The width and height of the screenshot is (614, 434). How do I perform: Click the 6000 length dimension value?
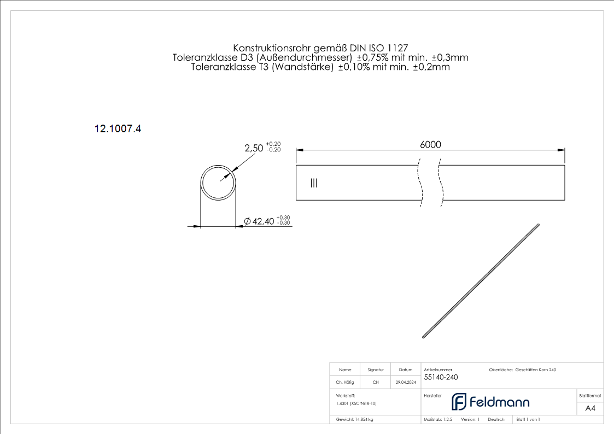[x=430, y=144]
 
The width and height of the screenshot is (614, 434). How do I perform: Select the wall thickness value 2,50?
[x=254, y=148]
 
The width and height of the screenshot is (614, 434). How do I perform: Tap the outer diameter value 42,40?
[x=262, y=221]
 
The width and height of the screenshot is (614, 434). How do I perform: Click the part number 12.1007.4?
[x=118, y=129]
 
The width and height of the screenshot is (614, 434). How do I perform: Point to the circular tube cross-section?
[x=218, y=182]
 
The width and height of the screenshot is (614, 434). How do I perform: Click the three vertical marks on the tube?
[x=313, y=183]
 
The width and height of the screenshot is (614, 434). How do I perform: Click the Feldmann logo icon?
[x=459, y=402]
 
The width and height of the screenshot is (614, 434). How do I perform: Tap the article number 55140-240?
[x=441, y=378]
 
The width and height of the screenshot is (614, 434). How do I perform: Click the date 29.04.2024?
[x=406, y=383]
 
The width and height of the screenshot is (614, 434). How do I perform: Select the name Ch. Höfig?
[x=344, y=383]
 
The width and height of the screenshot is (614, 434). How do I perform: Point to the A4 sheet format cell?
[x=590, y=408]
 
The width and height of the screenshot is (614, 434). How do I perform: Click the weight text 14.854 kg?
[x=355, y=419]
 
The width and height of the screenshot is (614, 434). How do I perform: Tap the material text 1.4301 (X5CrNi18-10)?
[x=356, y=403]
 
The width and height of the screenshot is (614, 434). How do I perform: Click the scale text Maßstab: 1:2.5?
[x=438, y=419]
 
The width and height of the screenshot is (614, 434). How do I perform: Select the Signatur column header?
[x=376, y=370]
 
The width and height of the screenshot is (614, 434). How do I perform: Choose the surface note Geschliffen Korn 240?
[x=535, y=370]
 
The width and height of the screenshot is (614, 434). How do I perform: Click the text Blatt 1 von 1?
[x=528, y=419]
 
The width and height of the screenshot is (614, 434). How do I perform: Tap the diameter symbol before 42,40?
[x=247, y=221]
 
